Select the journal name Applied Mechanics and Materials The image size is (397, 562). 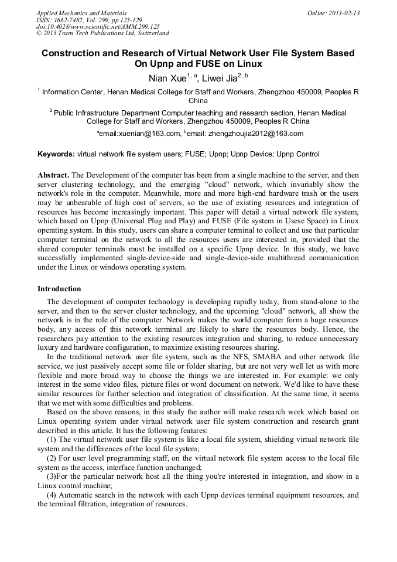coord(81,13)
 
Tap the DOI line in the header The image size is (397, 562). coord(98,26)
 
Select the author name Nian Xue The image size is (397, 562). coord(167,78)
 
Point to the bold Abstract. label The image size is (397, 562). coord(53,175)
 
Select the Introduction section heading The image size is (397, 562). coord(59,289)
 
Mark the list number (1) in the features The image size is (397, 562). coord(52,439)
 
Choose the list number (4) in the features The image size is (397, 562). coord(52,495)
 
